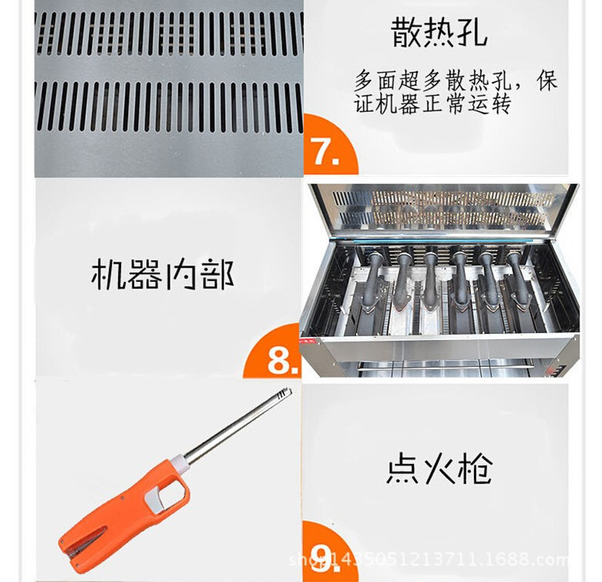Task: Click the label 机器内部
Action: [163, 274]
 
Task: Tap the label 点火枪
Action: [439, 469]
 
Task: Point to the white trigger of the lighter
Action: [158, 498]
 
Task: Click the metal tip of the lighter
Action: [284, 393]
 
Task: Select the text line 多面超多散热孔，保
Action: [455, 80]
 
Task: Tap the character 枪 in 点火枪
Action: [476, 469]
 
